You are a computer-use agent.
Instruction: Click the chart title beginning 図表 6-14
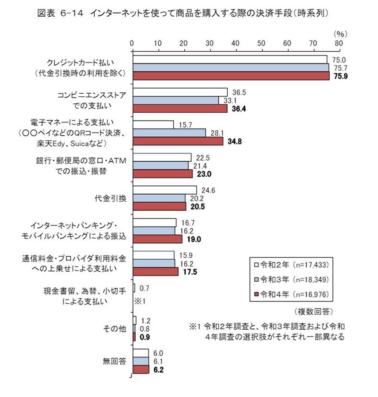(x=184, y=13)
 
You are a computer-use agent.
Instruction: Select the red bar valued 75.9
(x=231, y=76)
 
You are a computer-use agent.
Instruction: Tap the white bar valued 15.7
(x=153, y=124)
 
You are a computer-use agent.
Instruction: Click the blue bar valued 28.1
(x=169, y=132)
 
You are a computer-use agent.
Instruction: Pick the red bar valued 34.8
(x=177, y=141)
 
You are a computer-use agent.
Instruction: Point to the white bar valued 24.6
(x=165, y=190)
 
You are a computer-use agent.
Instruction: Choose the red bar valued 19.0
(x=157, y=239)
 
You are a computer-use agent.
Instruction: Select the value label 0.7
(x=144, y=288)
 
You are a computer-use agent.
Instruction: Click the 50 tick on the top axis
(x=262, y=43)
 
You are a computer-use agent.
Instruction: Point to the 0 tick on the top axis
(x=133, y=43)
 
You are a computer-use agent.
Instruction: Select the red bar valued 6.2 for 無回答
(x=141, y=369)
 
